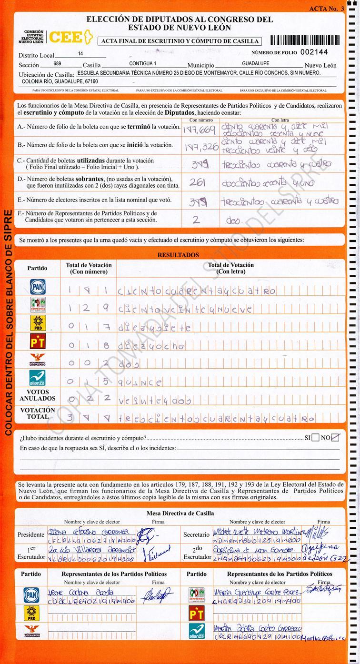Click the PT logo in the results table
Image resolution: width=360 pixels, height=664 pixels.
pos(38,342)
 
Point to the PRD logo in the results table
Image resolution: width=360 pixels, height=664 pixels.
pos(38,323)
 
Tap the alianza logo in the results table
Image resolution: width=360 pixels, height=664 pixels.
pos(38,378)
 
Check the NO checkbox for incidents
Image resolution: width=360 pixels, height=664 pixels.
pos(336,438)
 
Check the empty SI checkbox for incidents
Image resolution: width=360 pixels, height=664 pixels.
pos(315,438)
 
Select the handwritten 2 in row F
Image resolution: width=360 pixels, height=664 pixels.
pos(196,220)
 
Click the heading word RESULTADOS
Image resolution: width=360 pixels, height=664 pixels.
pos(178,255)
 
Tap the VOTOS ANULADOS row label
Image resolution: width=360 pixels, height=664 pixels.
pos(38,395)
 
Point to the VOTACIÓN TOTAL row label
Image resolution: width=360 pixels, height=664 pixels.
pos(38,413)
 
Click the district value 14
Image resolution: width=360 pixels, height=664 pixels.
pos(80,54)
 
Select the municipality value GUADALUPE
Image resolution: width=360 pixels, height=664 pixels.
pos(255,63)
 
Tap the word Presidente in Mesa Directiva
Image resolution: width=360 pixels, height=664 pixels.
pos(31,534)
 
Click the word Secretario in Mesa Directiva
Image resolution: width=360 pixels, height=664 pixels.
pos(197,535)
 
